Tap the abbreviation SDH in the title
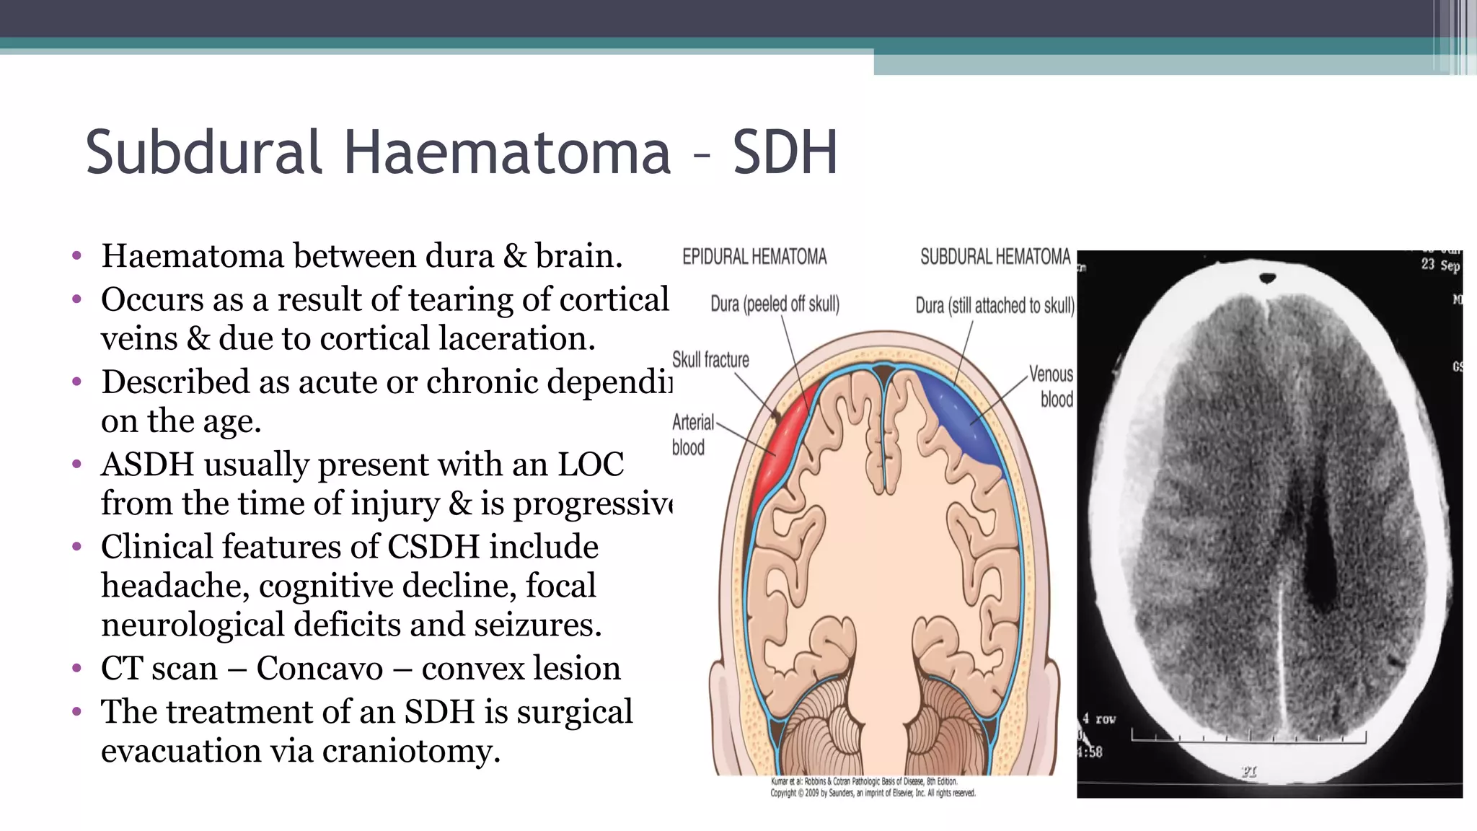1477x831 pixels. pos(785,152)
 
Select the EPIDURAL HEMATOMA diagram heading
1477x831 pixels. pos(754,257)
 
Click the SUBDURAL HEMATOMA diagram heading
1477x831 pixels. pos(995,257)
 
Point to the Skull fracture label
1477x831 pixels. pos(710,359)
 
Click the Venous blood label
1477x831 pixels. pos(1051,387)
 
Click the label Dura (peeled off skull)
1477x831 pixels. pos(775,304)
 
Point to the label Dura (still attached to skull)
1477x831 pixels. pos(995,306)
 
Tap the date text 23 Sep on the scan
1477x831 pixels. pos(1440,265)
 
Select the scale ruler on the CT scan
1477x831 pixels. pos(1248,737)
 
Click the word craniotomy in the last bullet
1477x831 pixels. pos(411,751)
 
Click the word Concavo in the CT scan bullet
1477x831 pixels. pos(319,669)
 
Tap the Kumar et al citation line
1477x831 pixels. pos(864,781)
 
